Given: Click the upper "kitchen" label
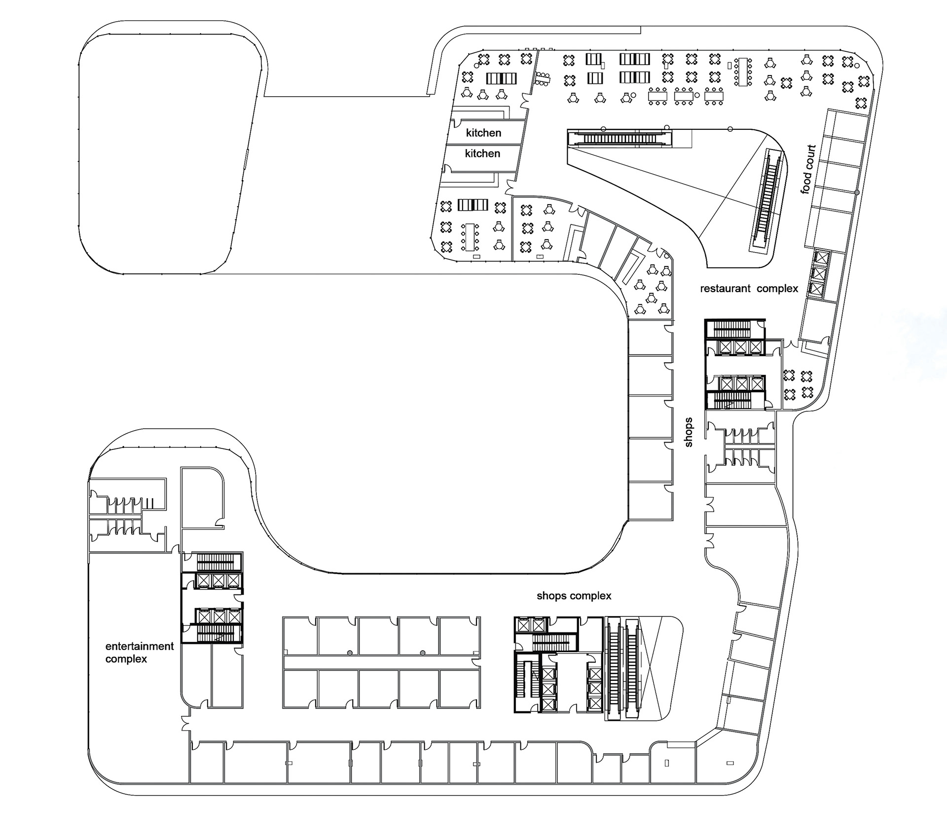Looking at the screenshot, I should point(483,133).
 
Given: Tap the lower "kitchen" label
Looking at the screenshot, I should point(482,153).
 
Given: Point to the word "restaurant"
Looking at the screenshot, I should point(725,289).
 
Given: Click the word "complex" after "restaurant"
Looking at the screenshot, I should point(777,289).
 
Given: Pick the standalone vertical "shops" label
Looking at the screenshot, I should point(689,432).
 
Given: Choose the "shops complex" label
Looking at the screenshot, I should point(574,596).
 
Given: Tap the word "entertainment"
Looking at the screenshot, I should point(140,646).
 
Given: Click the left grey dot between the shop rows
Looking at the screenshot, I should point(349,653).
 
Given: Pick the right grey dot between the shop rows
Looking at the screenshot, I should point(423,653).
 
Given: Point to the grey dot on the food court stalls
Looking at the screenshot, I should point(857,192).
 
